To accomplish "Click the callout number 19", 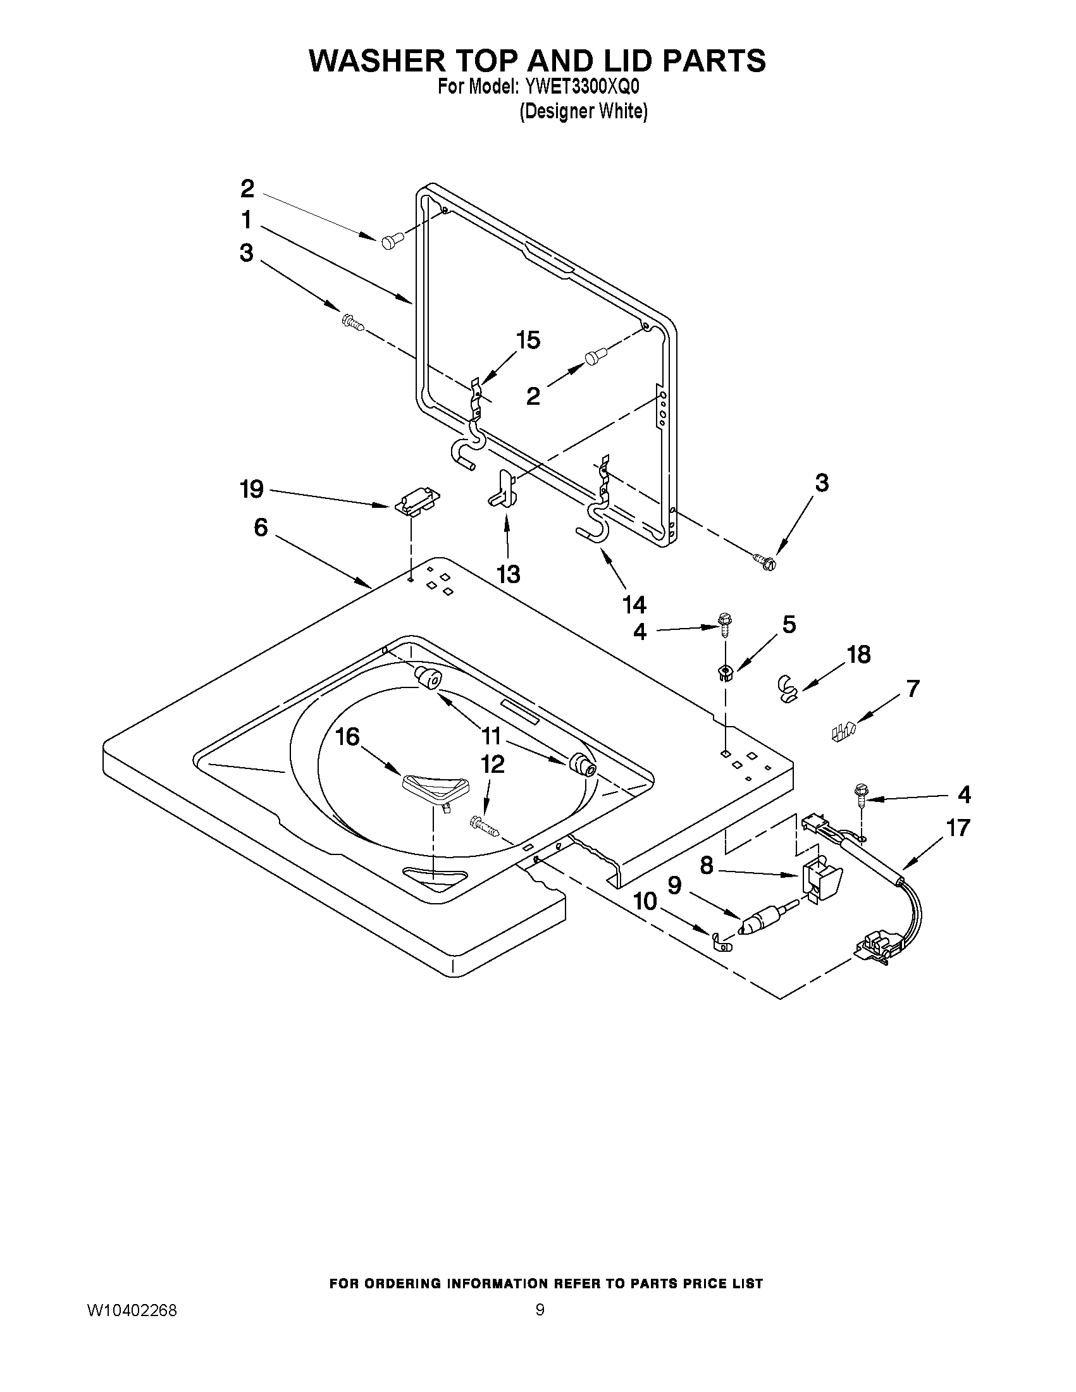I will pyautogui.click(x=251, y=490).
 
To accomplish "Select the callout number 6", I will pyautogui.click(x=261, y=527).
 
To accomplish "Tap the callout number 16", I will pyautogui.click(x=348, y=737).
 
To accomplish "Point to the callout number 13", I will pyautogui.click(x=508, y=574).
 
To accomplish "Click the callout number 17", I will pyautogui.click(x=958, y=828).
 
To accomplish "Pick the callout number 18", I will pyautogui.click(x=858, y=655).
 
